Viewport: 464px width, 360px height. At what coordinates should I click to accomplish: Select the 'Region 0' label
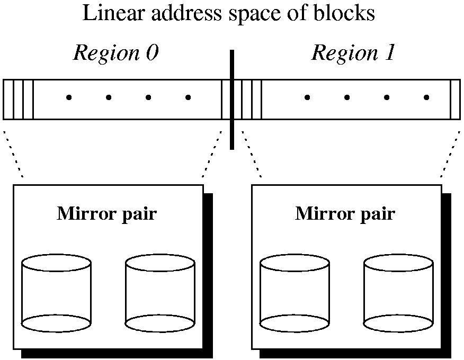click(115, 53)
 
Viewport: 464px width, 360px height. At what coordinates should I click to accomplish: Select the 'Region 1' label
click(353, 53)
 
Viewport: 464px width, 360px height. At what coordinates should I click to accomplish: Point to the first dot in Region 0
click(68, 97)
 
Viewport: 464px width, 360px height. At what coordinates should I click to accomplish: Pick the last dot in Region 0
click(188, 97)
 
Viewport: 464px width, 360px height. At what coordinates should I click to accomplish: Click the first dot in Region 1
click(307, 97)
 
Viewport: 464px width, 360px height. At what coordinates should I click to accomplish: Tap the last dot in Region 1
click(426, 97)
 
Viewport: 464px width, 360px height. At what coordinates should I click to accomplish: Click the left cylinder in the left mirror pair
click(56, 294)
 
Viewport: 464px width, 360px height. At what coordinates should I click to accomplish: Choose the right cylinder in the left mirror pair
click(160, 294)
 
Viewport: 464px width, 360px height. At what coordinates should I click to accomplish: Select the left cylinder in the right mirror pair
click(295, 294)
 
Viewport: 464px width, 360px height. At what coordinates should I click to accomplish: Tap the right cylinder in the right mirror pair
click(398, 294)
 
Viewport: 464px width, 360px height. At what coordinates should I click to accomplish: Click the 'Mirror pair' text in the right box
click(345, 214)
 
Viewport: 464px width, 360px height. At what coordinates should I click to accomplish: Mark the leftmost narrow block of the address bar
click(8, 100)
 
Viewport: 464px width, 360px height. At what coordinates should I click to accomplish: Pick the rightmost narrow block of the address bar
click(455, 100)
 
